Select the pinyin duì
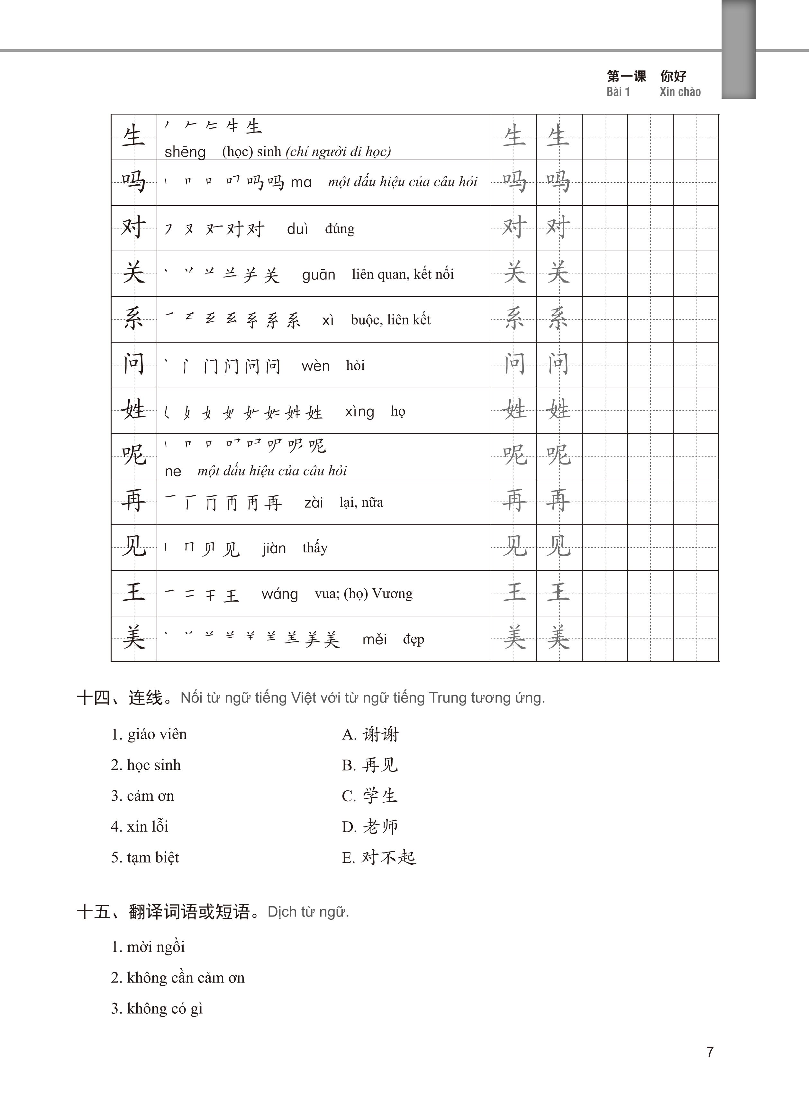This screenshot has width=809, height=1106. coord(297,229)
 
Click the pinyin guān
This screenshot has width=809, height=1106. coord(318,275)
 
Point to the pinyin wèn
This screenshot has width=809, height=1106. coord(315,366)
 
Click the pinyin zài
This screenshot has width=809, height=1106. coord(314,502)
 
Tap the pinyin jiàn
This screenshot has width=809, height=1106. coord(274,548)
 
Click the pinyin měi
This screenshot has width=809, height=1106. coord(375,639)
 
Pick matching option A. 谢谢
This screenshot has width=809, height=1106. coord(371,734)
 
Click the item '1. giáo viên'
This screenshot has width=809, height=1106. coord(149,734)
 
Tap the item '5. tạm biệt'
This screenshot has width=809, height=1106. coord(145,857)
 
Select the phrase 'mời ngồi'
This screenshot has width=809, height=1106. coord(156,947)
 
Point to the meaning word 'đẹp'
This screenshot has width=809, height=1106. coord(413,639)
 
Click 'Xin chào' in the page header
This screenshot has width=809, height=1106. coord(680,92)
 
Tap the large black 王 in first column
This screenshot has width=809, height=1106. coord(134,593)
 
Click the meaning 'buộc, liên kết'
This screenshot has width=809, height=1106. coord(391,320)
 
